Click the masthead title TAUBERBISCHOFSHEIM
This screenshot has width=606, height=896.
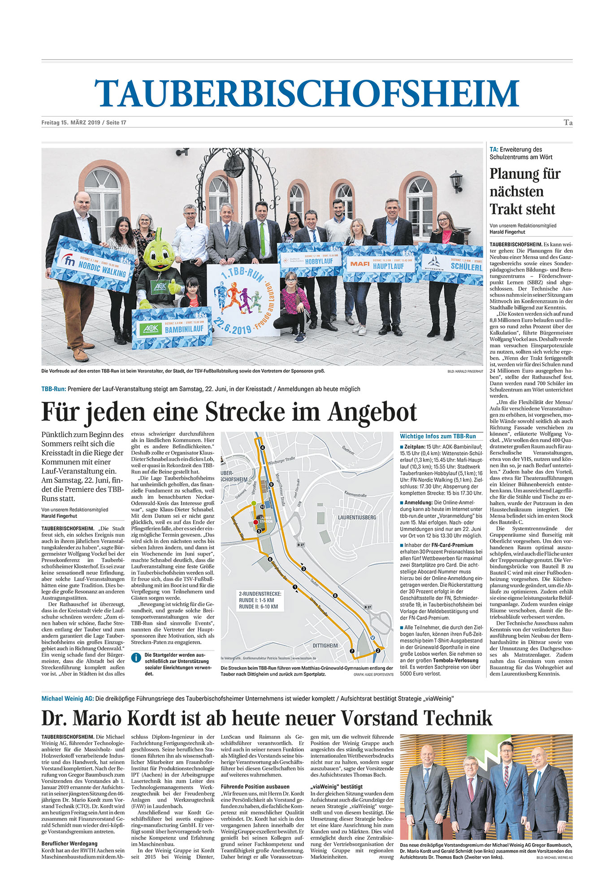(x=307, y=94)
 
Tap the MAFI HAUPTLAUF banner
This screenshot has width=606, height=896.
(x=381, y=264)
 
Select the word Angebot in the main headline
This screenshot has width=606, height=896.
(x=372, y=412)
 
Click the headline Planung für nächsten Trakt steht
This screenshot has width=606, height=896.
(x=524, y=191)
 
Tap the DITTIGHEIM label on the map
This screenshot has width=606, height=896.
(x=325, y=646)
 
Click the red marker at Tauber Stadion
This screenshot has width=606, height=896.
(x=255, y=522)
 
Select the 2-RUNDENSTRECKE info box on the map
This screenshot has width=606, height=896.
(x=260, y=600)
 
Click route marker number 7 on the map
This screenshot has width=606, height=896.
(x=352, y=651)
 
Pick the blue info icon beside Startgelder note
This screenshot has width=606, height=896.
(x=136, y=658)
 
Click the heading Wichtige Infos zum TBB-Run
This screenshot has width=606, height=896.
(x=438, y=436)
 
